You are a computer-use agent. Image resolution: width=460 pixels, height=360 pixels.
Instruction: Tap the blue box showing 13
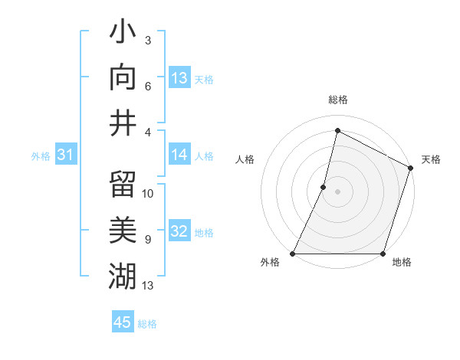tap(179, 78)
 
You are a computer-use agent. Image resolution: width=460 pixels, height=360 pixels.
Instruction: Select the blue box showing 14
tap(179, 155)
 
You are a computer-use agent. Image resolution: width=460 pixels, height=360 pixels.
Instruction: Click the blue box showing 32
tap(179, 232)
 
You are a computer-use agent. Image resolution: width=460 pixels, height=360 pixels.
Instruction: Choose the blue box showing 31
tap(66, 155)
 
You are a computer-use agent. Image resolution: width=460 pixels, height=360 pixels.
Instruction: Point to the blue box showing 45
tap(123, 322)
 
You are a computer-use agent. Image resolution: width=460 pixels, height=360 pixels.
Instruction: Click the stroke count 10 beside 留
tap(148, 194)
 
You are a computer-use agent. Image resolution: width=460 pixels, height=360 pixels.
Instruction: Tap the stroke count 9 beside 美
tap(147, 240)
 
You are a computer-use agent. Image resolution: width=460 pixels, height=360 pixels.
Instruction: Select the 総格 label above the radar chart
tap(337, 100)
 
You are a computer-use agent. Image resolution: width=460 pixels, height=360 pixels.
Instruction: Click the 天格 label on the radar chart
tap(431, 159)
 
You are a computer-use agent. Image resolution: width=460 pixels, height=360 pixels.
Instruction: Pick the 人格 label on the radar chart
tap(245, 159)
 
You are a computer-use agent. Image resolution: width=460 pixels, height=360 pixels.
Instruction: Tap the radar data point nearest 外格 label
tap(293, 254)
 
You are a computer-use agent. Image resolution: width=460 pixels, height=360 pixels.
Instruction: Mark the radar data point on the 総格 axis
tap(337, 130)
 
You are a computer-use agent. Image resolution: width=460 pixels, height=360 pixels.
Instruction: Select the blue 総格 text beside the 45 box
tap(147, 323)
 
